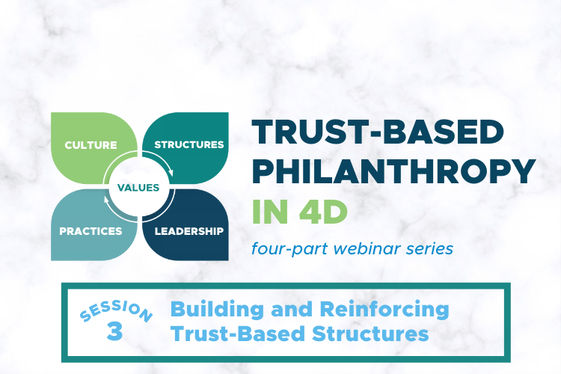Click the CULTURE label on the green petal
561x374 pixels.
click(91, 144)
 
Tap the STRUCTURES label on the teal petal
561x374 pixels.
click(189, 144)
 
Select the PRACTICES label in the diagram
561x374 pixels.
click(91, 231)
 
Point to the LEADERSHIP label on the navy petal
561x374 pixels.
click(189, 231)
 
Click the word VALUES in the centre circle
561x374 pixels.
click(138, 188)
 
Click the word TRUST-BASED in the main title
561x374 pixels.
click(378, 133)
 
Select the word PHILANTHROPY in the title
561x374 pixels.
click(393, 174)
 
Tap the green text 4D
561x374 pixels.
click(327, 213)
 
